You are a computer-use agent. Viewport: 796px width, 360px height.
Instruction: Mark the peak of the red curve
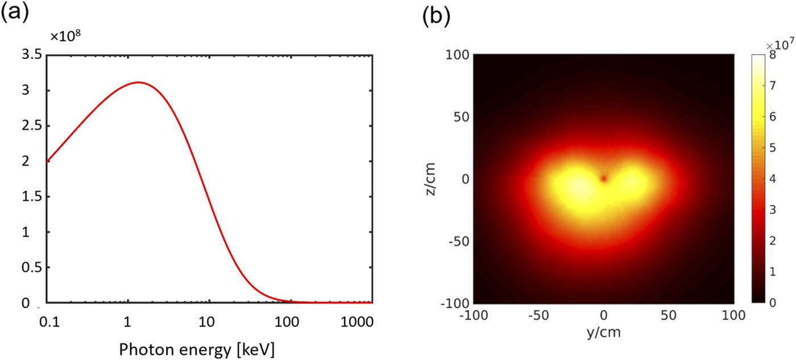tap(138, 82)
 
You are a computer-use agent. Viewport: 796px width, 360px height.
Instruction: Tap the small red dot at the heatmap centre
tap(604, 179)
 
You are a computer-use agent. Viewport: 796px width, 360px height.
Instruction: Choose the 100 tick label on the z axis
tap(457, 55)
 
